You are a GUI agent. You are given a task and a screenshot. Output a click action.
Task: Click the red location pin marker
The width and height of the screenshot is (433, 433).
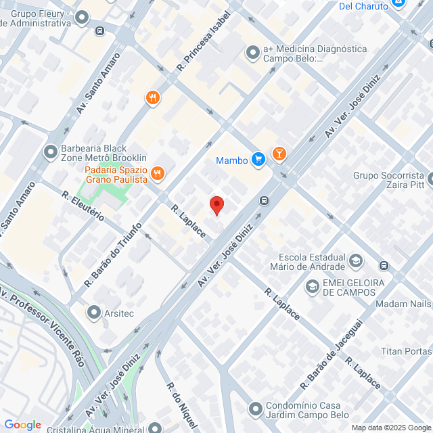coord(216,205)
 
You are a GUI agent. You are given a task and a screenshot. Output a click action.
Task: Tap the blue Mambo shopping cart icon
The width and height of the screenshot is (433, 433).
coord(258,160)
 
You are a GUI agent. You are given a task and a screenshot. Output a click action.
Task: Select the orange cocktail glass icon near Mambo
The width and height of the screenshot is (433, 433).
coord(279,155)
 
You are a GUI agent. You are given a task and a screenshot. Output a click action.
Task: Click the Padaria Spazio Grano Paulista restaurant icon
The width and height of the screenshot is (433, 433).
coord(158,173)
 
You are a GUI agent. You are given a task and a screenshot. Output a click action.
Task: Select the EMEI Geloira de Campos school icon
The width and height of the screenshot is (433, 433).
coord(312,287)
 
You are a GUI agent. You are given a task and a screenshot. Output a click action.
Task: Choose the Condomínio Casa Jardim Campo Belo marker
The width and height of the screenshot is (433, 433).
coord(255,409)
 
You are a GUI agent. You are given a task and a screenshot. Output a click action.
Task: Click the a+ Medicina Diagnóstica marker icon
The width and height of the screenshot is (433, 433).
coord(253,51)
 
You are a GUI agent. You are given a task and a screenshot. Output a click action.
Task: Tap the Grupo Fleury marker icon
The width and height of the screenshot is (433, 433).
coord(83,18)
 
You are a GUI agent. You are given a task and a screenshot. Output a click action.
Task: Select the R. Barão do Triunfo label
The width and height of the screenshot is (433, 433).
coord(113,253)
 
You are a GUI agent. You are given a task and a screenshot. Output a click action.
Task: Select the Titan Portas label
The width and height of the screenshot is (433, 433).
coord(406,351)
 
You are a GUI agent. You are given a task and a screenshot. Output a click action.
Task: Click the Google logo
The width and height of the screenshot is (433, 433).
coord(22,424)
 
